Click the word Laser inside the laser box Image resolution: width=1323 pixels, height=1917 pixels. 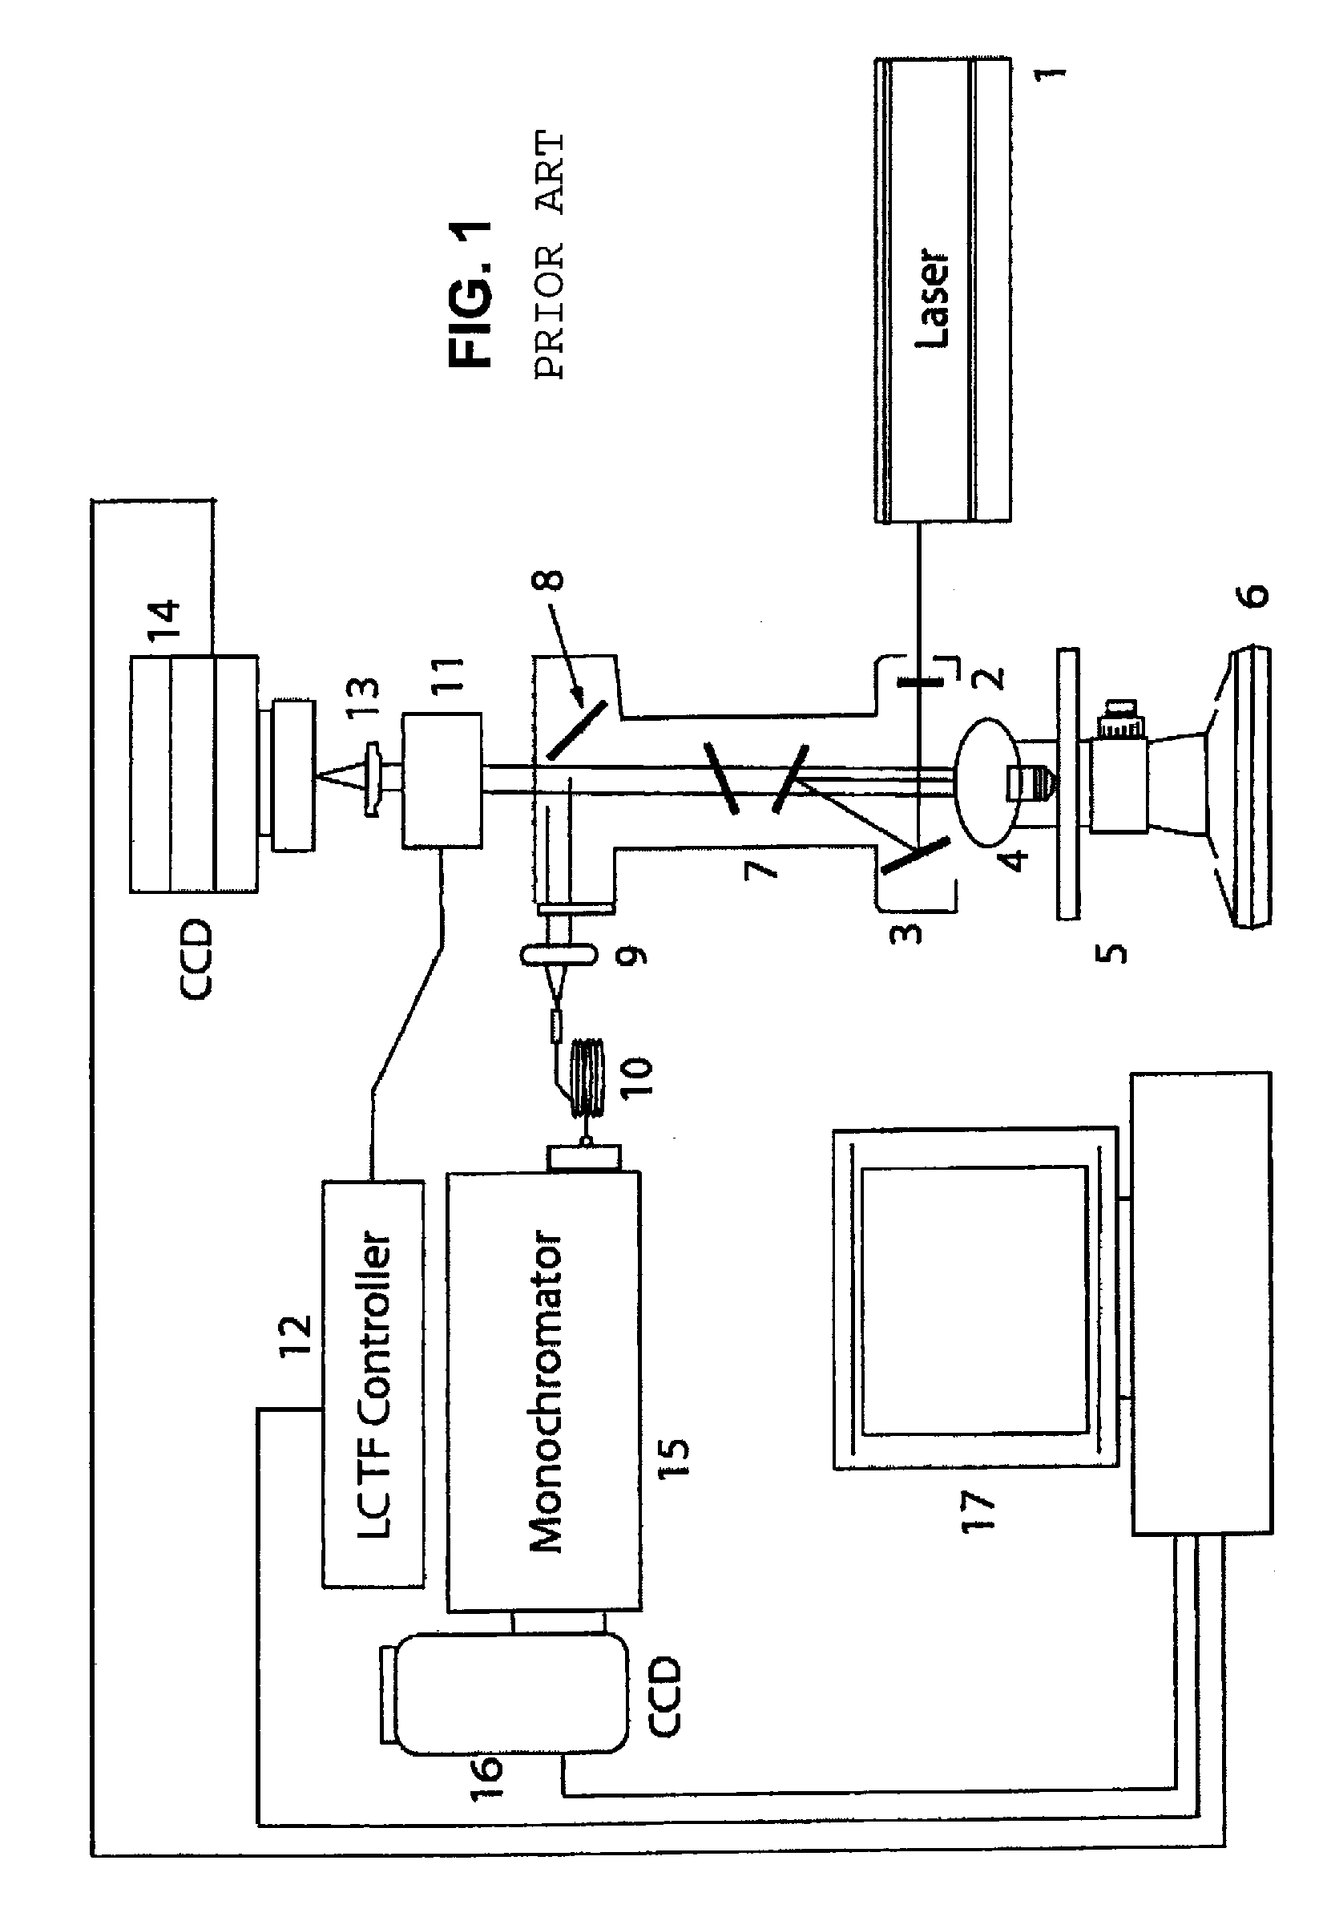(932, 297)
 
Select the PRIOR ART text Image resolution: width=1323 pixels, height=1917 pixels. (550, 256)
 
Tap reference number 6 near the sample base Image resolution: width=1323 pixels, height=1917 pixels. (1256, 596)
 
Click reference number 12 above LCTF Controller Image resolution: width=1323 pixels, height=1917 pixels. (295, 1334)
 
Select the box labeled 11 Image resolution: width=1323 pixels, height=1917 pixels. (442, 780)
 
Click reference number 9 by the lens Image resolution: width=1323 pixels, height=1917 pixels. (632, 956)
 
